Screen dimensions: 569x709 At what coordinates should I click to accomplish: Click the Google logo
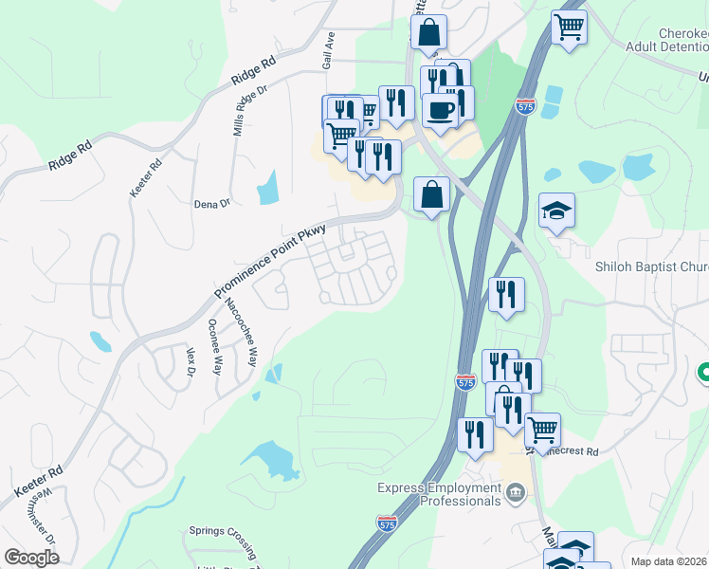click(x=31, y=558)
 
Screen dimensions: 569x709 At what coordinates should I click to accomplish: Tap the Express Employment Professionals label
click(x=438, y=494)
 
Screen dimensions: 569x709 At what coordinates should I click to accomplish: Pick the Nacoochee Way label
click(x=240, y=333)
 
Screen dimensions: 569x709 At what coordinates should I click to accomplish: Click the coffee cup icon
click(x=440, y=109)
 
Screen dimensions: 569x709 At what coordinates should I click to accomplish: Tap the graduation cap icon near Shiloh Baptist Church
click(x=556, y=211)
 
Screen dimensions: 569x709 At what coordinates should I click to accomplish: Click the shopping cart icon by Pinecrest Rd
click(x=542, y=430)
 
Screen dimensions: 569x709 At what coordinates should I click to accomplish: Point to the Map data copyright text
click(x=669, y=562)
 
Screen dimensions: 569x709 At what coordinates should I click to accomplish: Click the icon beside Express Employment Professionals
click(x=516, y=491)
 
